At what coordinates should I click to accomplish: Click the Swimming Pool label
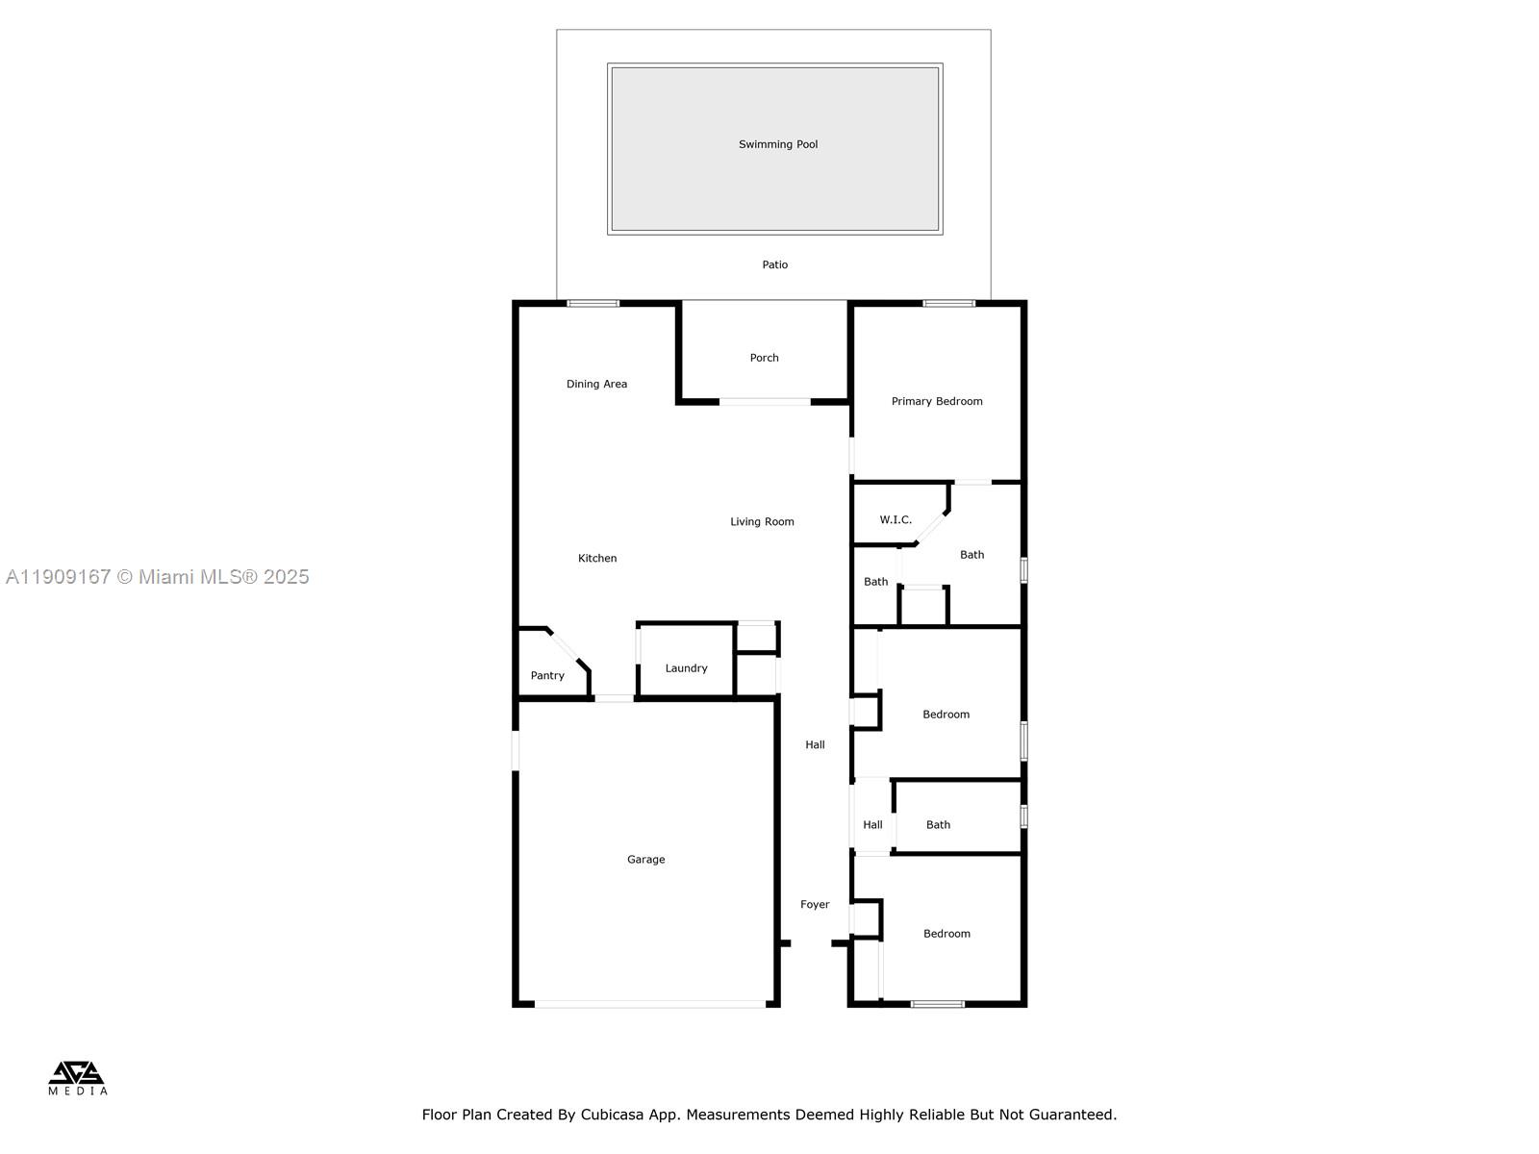click(x=778, y=144)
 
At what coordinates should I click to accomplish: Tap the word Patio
click(x=775, y=264)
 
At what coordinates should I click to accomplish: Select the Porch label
click(x=765, y=358)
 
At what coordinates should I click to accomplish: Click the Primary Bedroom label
click(x=937, y=401)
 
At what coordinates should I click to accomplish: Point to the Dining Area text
click(x=596, y=384)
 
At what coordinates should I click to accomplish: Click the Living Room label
click(x=762, y=522)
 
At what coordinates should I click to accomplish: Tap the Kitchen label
click(x=597, y=558)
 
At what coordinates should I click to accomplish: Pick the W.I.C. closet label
click(x=896, y=519)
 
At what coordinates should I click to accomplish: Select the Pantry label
click(x=547, y=675)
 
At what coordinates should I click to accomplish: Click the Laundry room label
click(x=686, y=668)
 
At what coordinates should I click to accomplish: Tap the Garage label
click(x=646, y=860)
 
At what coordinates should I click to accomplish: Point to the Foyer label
click(x=815, y=904)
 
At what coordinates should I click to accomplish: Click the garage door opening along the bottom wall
click(x=650, y=1004)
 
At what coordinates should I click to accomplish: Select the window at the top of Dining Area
click(x=593, y=304)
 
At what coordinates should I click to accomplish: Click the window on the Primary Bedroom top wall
click(x=948, y=304)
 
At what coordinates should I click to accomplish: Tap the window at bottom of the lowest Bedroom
click(x=938, y=1004)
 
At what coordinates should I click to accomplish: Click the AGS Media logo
click(x=77, y=1077)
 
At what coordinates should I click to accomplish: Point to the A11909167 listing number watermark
click(x=59, y=577)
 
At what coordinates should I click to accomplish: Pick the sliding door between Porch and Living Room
click(x=765, y=402)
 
